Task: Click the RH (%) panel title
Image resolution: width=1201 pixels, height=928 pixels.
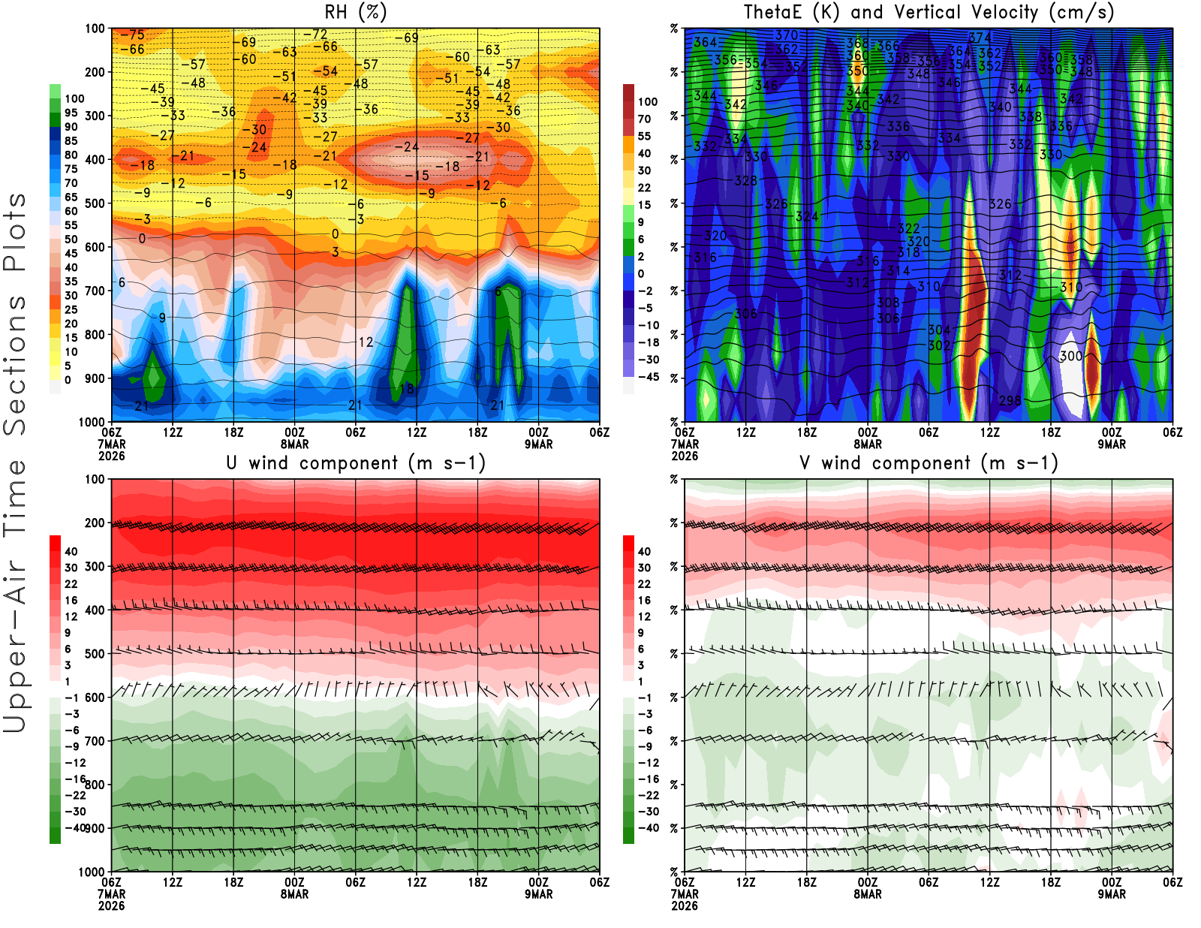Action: coord(355,13)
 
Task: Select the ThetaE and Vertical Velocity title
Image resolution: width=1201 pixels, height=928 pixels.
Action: coord(929,13)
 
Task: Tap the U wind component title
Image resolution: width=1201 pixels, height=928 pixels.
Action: coord(356,463)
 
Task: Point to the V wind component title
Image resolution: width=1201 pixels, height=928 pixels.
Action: coord(929,463)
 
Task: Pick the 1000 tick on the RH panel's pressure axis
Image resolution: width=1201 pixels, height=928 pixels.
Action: coord(92,422)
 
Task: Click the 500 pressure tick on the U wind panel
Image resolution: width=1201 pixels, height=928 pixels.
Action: coord(95,654)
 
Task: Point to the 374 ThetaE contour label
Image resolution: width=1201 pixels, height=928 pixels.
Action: coord(980,38)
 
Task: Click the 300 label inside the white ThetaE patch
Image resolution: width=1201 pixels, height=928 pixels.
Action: coord(1071,356)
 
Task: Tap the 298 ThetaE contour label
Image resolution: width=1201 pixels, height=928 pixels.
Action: coord(1010,400)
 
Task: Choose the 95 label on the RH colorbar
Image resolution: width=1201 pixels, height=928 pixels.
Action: coord(71,113)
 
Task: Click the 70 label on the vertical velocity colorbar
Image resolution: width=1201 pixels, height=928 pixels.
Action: coord(644,119)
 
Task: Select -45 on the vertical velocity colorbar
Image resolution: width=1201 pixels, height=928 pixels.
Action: coord(648,377)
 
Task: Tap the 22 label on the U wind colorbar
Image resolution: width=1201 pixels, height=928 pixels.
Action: coord(71,584)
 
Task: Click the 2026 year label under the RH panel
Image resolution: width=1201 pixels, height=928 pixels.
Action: coord(111,456)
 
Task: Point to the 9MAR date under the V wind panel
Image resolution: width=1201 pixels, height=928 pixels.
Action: coord(1112,894)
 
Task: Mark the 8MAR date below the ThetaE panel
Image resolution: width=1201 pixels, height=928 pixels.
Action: coord(868,444)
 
